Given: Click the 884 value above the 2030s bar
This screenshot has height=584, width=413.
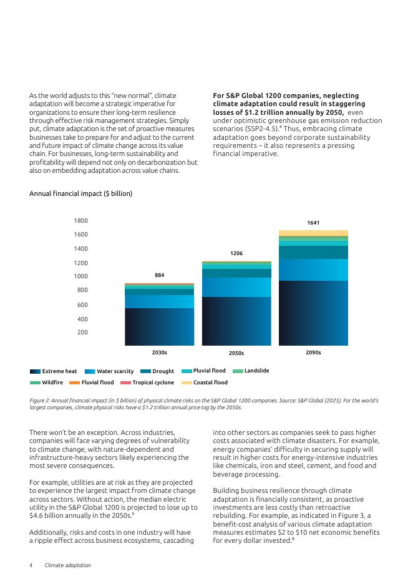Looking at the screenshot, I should click(x=159, y=275).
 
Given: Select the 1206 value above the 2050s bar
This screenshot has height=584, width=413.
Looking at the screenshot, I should click(x=236, y=253).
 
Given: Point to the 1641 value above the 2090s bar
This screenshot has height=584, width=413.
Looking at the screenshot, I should click(x=313, y=223).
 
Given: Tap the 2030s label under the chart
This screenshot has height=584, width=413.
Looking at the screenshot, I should click(x=159, y=353).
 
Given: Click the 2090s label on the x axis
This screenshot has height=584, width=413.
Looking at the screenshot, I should click(x=313, y=353).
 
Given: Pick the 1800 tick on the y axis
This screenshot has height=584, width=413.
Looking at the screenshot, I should click(x=81, y=221).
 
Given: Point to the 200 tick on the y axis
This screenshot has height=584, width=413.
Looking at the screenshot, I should click(x=83, y=333).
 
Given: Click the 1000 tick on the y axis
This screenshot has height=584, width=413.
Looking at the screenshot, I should click(x=81, y=276).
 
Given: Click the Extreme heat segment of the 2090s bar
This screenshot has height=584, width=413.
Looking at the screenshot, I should click(x=313, y=313).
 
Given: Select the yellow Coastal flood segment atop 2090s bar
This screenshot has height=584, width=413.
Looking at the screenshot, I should click(x=313, y=233).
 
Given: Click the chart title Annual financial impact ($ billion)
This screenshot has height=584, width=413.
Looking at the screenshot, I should click(x=80, y=193).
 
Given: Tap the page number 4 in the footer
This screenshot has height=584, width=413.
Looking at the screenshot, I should click(x=31, y=565).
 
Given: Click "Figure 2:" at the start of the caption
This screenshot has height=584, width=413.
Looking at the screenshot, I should click(x=42, y=400).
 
